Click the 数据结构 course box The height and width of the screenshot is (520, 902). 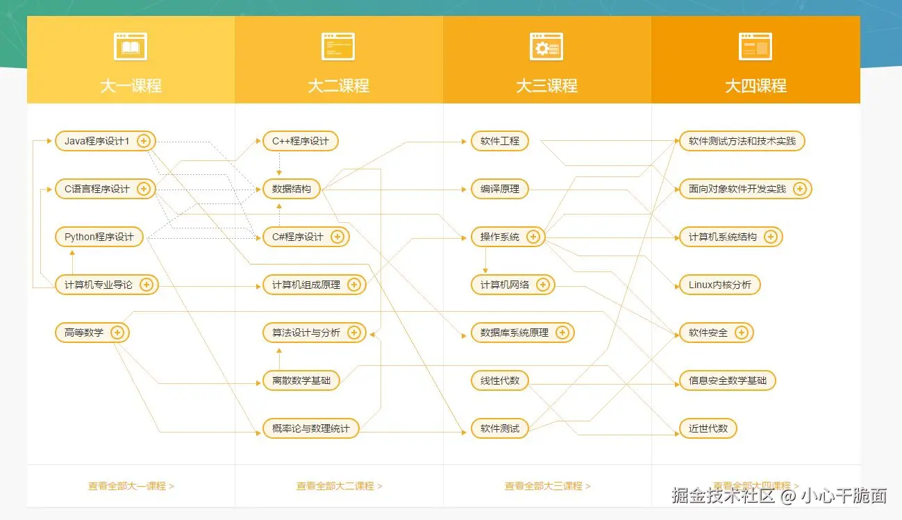click(292, 189)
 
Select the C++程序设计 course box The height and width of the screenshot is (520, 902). click(300, 141)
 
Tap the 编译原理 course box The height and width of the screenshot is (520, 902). click(500, 189)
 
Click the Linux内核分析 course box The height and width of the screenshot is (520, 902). click(719, 285)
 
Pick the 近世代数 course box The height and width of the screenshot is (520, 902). click(708, 428)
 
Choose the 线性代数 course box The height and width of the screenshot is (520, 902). click(500, 380)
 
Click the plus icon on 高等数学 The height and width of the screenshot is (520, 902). click(117, 333)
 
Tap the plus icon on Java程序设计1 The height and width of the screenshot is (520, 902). click(144, 141)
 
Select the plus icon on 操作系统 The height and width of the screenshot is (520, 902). click(533, 237)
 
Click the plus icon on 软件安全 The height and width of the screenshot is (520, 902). click(742, 333)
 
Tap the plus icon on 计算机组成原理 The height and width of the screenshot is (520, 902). click(354, 285)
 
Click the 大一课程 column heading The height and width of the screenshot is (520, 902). click(131, 86)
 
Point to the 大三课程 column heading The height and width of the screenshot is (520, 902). click(546, 86)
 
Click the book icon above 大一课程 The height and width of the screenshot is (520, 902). click(131, 47)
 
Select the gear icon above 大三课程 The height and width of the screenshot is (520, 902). click(546, 47)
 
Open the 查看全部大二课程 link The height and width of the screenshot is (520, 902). click(339, 486)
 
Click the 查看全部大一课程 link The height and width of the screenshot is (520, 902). click(131, 486)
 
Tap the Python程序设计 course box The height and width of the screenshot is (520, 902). click(99, 237)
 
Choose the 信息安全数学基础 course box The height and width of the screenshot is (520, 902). click(727, 380)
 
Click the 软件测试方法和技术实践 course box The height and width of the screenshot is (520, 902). click(742, 141)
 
